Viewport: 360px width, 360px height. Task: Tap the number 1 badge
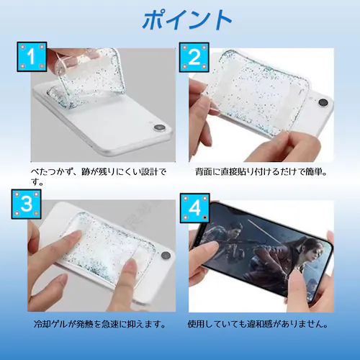(x=32, y=55)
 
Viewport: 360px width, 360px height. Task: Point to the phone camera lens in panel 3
(x=166, y=256)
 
